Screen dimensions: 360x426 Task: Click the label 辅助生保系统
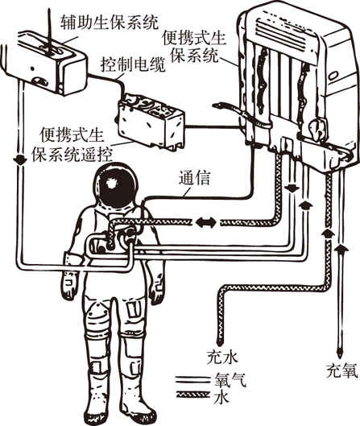click(110, 22)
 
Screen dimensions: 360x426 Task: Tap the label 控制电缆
click(133, 64)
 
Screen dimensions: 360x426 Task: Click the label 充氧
click(341, 370)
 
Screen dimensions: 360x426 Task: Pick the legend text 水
click(221, 397)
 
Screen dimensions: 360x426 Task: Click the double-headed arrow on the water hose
click(206, 223)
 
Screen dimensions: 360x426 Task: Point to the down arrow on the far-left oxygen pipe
click(20, 159)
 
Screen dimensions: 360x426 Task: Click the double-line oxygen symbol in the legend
click(193, 379)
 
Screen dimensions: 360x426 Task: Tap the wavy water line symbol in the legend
click(193, 395)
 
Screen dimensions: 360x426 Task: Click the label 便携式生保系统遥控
click(72, 145)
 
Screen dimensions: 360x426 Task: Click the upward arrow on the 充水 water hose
click(328, 234)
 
